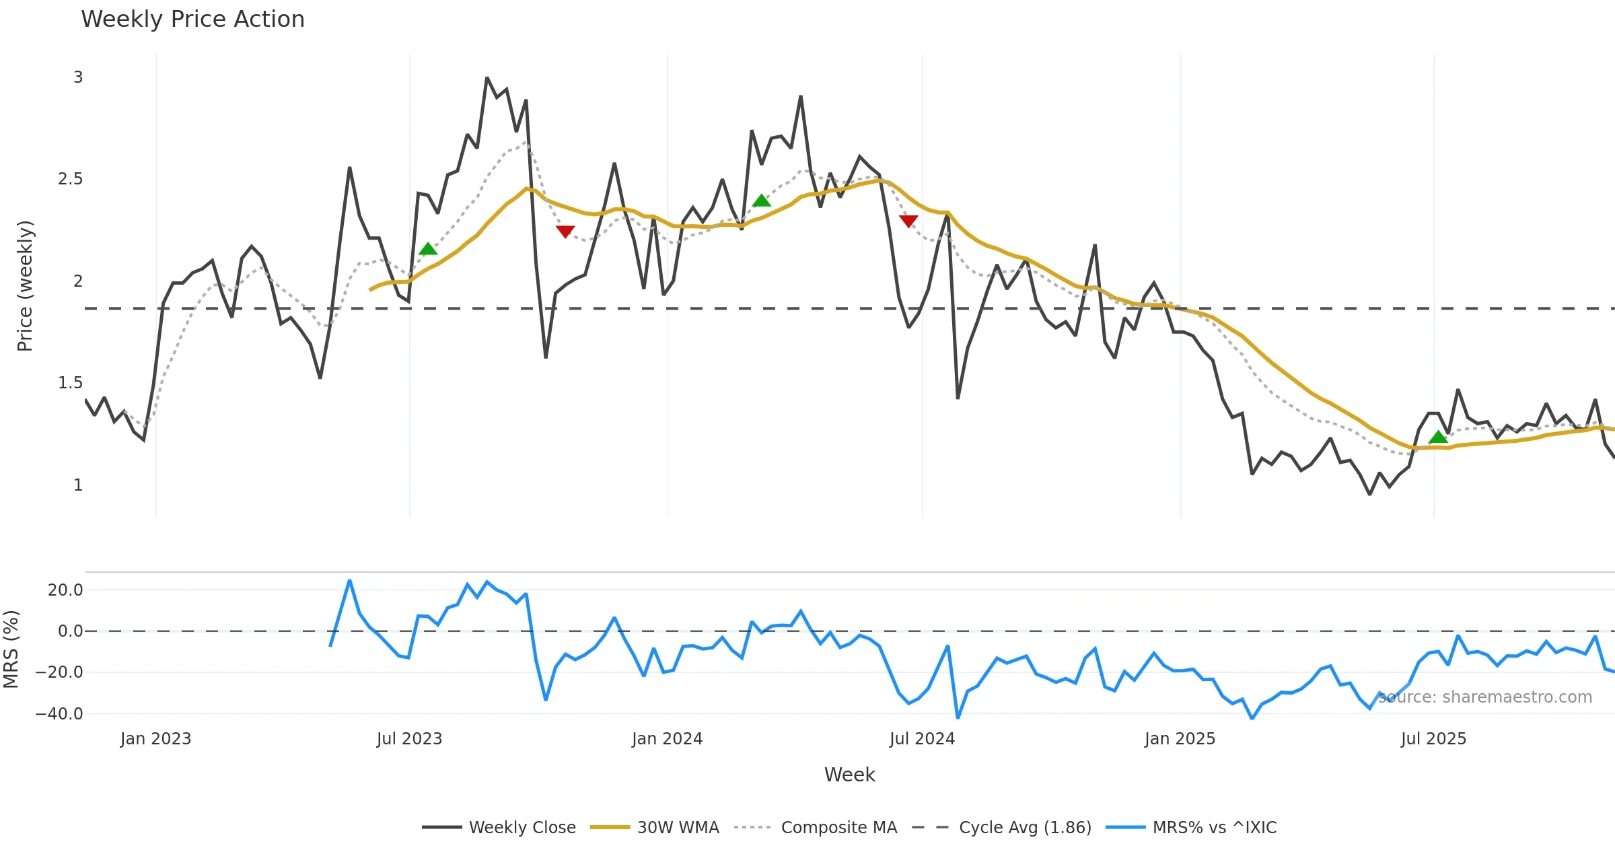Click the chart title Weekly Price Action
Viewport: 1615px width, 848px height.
point(192,20)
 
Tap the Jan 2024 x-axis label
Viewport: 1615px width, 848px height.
point(667,739)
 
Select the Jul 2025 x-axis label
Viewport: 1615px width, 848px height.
point(1433,739)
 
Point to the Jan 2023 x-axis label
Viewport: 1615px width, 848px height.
point(155,739)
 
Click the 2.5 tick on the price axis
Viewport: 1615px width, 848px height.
point(70,179)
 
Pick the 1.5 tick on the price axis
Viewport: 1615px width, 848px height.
point(70,383)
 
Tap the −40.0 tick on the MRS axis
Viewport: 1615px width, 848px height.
point(59,713)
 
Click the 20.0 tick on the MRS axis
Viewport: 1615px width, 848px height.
point(65,590)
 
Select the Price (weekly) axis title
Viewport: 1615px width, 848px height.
point(25,286)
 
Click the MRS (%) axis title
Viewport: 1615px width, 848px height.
point(11,649)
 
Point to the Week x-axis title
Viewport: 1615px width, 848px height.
point(849,775)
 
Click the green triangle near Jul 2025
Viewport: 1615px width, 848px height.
point(1438,437)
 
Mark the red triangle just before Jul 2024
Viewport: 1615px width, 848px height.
point(908,221)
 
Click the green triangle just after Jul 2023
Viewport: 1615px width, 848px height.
point(428,250)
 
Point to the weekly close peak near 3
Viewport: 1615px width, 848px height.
point(487,78)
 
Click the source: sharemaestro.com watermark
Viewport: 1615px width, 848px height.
point(1484,697)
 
